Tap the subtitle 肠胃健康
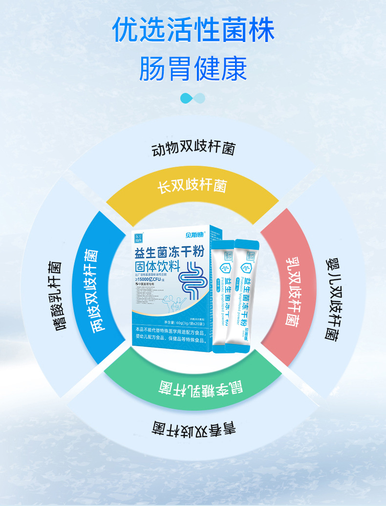pos(193,68)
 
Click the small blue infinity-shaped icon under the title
pos(193,98)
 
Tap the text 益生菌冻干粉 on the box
pos(169,254)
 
